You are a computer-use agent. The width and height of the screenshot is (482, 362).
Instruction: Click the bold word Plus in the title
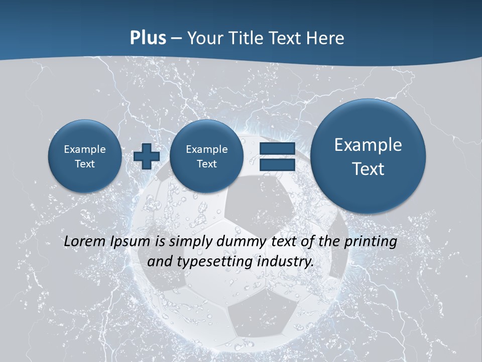[x=148, y=38]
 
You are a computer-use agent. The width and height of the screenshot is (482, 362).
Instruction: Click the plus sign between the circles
[x=147, y=156]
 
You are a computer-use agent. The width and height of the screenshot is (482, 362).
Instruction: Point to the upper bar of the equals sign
[x=277, y=149]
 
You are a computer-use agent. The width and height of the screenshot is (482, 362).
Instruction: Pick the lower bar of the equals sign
[x=277, y=164]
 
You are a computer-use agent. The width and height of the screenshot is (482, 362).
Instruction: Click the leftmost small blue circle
[x=85, y=156]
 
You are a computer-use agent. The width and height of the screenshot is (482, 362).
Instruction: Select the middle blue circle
[x=206, y=156]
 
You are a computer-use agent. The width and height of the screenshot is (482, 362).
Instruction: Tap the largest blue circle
[x=368, y=156]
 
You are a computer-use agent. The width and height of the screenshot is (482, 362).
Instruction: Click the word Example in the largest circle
[x=368, y=145]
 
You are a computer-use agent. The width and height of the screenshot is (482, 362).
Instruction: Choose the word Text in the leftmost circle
[x=85, y=164]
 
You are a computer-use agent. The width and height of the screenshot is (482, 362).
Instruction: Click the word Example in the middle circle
[x=206, y=149]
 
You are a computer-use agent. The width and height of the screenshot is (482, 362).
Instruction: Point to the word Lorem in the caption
[x=85, y=241]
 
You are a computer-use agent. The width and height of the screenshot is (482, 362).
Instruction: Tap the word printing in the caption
[x=370, y=241]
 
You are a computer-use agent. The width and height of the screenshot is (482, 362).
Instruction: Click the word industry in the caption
[x=285, y=262]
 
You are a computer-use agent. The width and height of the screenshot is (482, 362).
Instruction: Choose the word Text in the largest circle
[x=368, y=169]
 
